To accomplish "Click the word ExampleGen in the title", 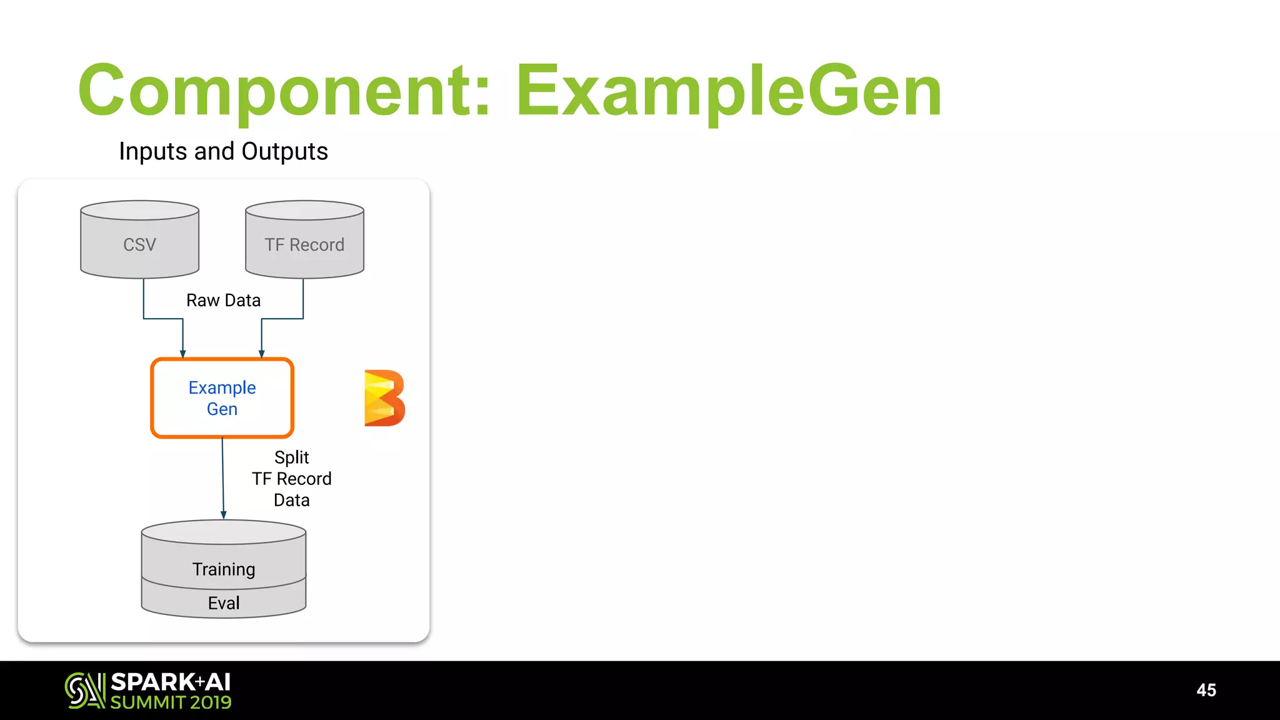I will point(728,91).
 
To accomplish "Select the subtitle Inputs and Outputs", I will point(223,151).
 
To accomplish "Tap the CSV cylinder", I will point(139,244).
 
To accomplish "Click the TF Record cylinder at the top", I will point(304,244).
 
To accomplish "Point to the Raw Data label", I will point(223,301).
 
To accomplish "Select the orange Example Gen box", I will point(222,398).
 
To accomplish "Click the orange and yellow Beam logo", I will point(384,398).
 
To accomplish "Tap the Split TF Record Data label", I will point(292,479).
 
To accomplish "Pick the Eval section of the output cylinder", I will point(224,603).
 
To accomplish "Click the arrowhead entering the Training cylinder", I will point(224,515).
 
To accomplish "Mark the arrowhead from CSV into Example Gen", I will point(182,354).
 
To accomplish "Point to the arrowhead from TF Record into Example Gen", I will point(261,354).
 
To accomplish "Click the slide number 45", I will point(1206,690).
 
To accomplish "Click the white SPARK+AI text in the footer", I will point(171,682).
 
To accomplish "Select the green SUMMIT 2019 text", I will point(171,702).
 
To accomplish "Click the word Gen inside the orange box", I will point(222,409).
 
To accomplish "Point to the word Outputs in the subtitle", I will point(284,151).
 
